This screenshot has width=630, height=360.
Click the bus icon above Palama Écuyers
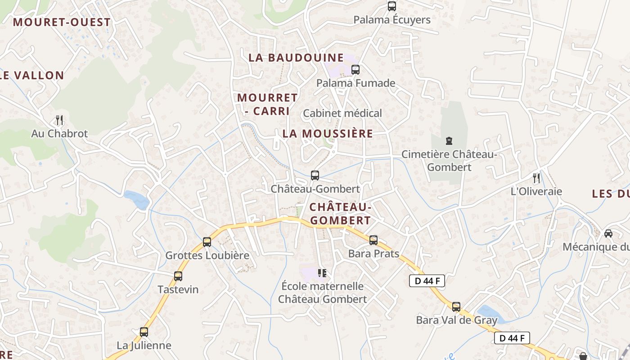tap(392, 6)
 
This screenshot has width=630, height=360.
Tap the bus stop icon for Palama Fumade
tap(355, 70)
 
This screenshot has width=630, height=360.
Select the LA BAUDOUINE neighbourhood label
tap(296, 58)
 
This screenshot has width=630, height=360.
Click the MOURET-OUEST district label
tap(62, 22)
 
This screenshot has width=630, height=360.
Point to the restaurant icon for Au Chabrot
tap(59, 120)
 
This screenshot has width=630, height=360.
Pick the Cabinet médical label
tap(342, 113)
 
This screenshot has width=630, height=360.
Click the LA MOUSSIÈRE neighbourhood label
tap(328, 134)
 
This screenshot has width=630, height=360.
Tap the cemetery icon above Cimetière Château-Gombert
tap(449, 141)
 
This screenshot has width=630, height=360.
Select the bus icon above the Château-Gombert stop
tap(315, 175)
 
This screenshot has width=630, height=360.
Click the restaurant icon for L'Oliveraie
tap(536, 178)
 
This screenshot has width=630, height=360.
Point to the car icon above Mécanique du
tap(608, 234)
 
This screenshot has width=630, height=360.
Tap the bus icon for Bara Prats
tap(373, 240)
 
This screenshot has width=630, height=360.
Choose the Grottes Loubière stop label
tap(207, 255)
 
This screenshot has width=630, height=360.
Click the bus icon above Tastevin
tap(178, 276)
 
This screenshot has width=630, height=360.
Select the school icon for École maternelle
tap(322, 273)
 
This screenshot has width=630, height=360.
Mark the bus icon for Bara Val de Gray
tap(456, 307)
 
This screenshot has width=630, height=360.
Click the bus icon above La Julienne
tap(144, 332)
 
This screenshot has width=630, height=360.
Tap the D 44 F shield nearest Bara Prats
tap(427, 281)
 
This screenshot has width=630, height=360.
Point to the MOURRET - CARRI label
tap(267, 104)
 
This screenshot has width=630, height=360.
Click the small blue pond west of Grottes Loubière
tap(137, 200)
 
